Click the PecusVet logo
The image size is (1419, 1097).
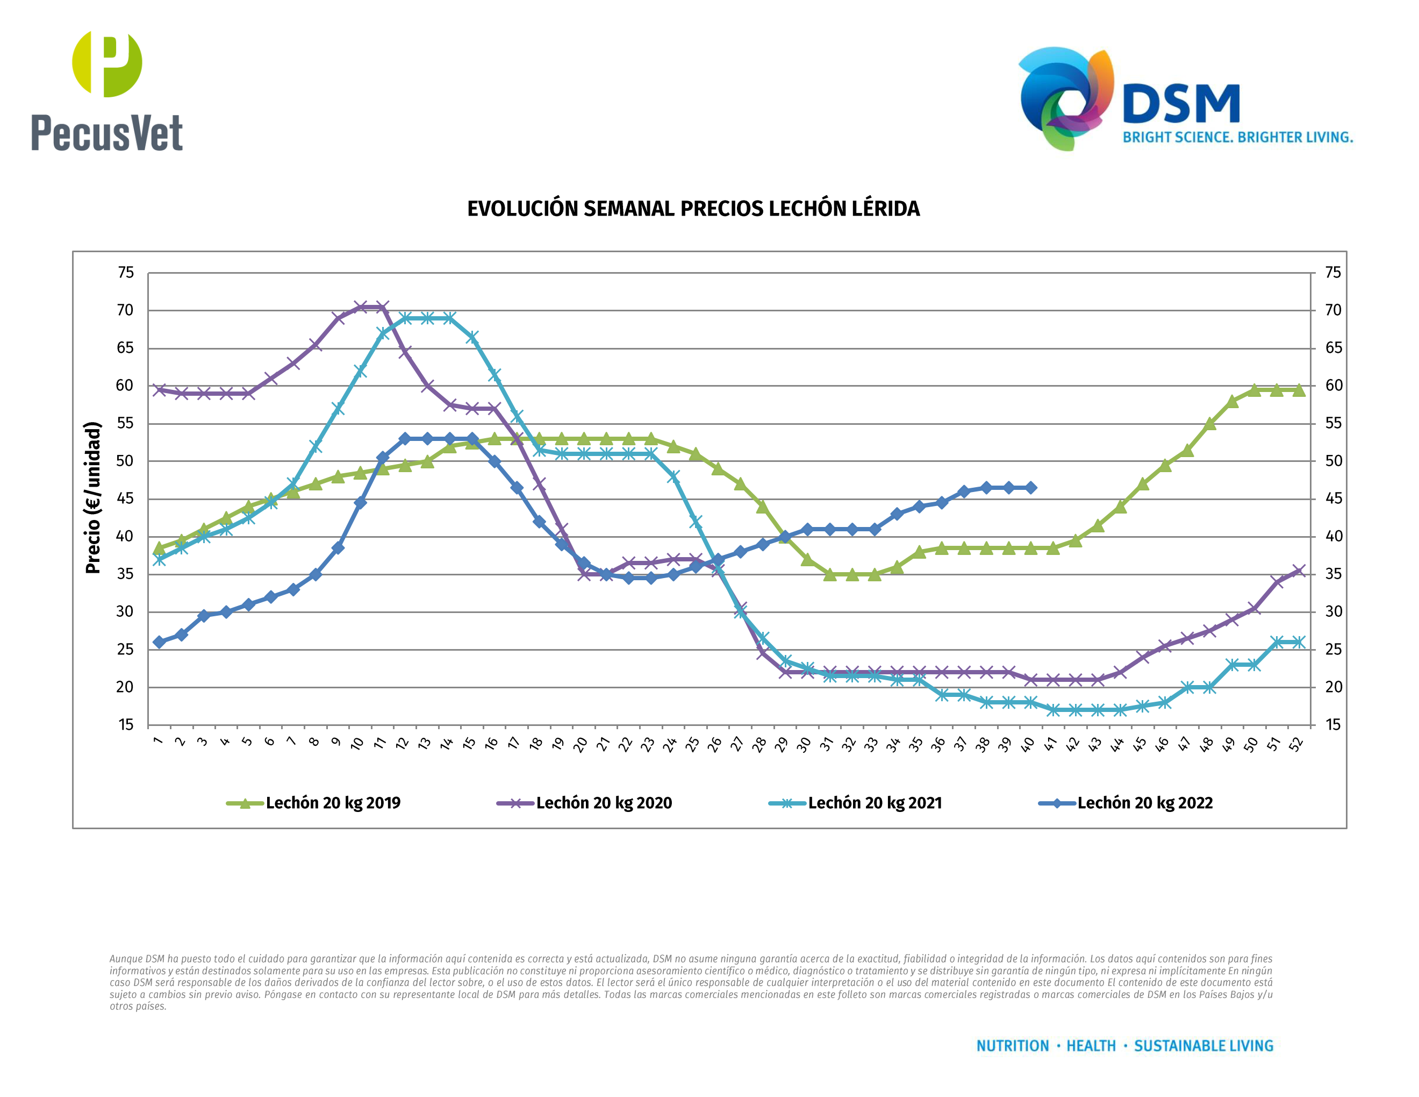click(107, 91)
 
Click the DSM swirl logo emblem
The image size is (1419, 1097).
click(1065, 97)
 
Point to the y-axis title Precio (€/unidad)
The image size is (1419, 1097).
click(94, 497)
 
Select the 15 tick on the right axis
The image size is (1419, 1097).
click(1333, 725)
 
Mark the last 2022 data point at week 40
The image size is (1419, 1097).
click(1030, 487)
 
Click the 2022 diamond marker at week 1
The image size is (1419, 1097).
click(159, 642)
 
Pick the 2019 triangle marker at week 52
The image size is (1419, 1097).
click(1299, 390)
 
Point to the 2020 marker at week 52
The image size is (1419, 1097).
click(1299, 571)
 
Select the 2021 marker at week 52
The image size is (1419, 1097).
click(1299, 642)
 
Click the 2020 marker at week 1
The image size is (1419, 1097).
click(159, 390)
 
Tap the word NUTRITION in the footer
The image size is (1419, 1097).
click(1012, 1046)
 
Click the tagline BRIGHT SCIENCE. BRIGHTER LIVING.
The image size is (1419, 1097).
click(1238, 137)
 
